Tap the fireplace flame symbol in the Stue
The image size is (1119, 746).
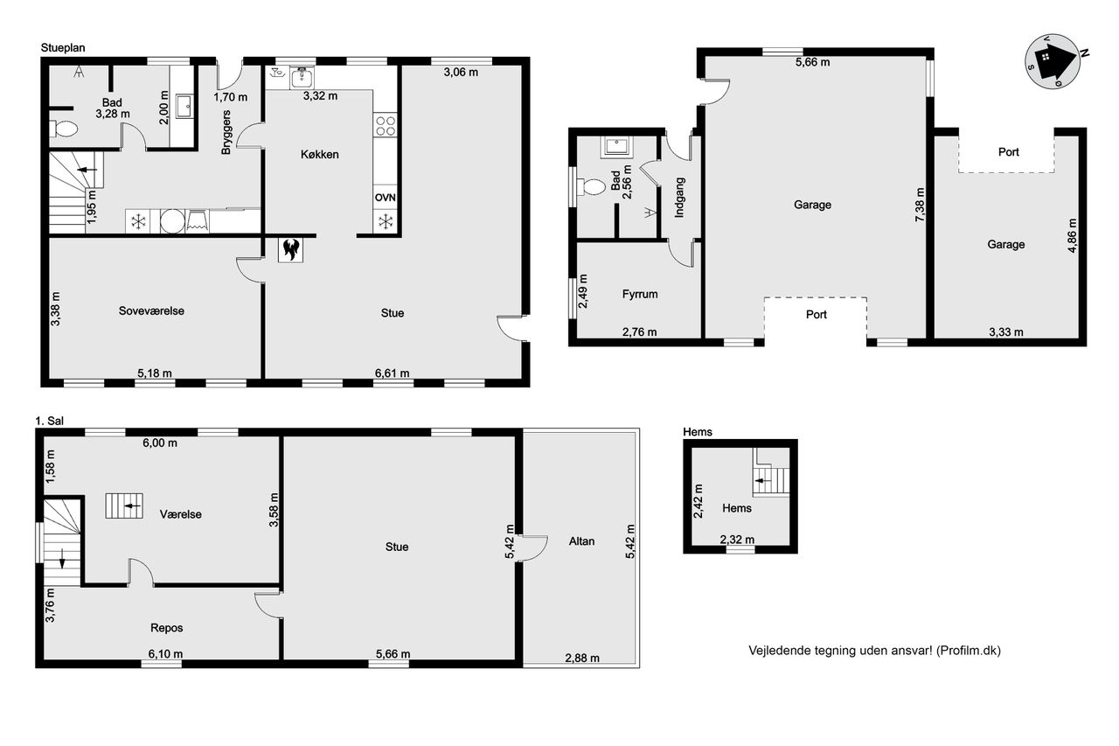tap(290, 249)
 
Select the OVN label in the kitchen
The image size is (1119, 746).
tap(386, 198)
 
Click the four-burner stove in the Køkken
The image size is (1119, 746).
tap(386, 125)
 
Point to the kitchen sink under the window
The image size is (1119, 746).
tap(302, 78)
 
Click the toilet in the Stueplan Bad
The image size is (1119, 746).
tap(64, 129)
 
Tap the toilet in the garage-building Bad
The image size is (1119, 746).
tap(591, 187)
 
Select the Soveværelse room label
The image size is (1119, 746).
tap(151, 310)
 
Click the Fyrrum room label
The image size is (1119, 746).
tap(640, 294)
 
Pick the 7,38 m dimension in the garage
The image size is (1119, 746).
tap(920, 205)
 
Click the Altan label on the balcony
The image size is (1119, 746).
tap(581, 541)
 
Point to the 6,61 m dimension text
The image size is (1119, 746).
tap(393, 373)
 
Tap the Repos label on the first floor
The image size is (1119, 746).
tap(167, 628)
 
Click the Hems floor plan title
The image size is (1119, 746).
tap(698, 432)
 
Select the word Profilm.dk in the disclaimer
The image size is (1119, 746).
tap(969, 651)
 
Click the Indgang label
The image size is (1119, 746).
tap(679, 198)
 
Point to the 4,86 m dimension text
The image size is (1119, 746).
tap(1072, 235)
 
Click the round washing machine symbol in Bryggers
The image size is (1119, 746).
tap(172, 221)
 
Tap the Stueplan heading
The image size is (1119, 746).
tap(63, 48)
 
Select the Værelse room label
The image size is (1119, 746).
tap(181, 514)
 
